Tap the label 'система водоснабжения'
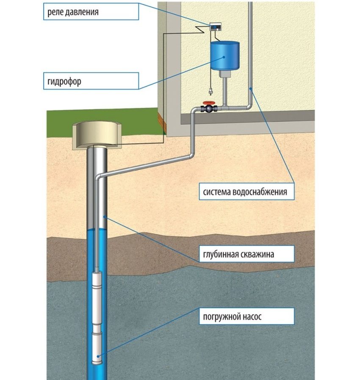[245, 192]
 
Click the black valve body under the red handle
[209, 109]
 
